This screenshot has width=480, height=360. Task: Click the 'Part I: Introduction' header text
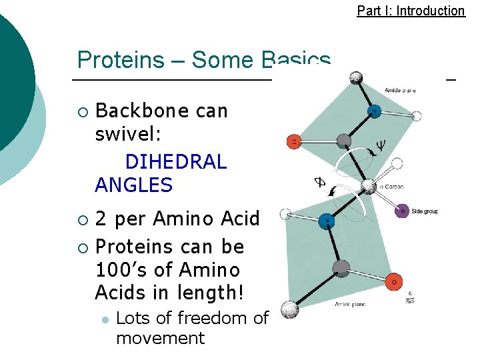point(411,11)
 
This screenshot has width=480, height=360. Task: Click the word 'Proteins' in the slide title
point(121,60)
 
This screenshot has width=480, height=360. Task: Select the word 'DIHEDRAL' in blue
point(176,162)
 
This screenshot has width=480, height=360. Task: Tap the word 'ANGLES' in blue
point(134,185)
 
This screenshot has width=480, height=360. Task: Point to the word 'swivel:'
point(128,134)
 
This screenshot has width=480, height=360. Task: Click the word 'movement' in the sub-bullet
point(160,338)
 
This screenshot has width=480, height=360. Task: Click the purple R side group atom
point(402,212)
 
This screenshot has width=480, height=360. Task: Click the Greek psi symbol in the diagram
point(381,144)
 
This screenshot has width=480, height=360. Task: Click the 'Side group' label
point(425,211)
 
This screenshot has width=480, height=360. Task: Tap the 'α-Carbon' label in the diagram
point(391,187)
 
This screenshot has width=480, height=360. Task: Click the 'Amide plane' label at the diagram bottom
point(350,304)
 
